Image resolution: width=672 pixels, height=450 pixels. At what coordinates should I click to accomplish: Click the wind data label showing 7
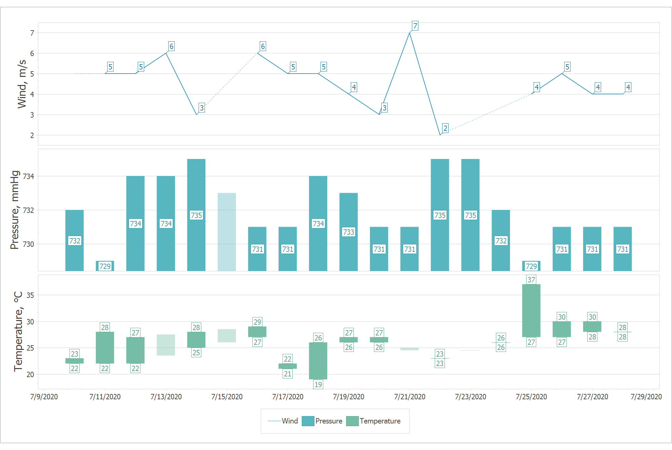(x=415, y=26)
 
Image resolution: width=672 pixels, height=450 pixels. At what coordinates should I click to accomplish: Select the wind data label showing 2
(x=445, y=128)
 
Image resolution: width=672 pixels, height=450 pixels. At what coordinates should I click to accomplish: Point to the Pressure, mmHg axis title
(x=15, y=210)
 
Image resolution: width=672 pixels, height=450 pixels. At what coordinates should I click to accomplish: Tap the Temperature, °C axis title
(x=18, y=331)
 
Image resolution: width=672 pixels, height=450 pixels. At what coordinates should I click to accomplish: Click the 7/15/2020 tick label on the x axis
(x=227, y=397)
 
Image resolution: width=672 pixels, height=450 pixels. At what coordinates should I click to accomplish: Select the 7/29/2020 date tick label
(x=646, y=397)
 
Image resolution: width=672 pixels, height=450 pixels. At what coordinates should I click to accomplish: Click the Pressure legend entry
(x=322, y=421)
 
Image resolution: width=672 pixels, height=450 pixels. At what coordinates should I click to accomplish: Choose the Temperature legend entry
(x=373, y=421)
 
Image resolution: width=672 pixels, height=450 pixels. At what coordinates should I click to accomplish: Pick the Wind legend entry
(x=283, y=421)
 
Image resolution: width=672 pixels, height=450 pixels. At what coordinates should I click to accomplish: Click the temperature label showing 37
(x=531, y=280)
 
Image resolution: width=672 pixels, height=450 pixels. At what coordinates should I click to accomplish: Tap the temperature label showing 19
(x=318, y=385)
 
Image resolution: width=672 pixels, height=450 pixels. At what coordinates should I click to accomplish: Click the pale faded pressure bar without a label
(x=227, y=232)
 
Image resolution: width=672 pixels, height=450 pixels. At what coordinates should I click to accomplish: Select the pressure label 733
(x=348, y=232)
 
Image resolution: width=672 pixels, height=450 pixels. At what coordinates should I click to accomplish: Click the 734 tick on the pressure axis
(x=29, y=176)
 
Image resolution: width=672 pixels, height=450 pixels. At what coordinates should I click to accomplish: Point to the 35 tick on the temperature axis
(x=30, y=295)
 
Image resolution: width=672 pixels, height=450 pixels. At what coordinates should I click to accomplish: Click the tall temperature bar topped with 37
(x=531, y=311)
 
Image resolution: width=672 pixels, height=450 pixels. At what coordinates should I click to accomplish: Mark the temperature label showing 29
(x=257, y=322)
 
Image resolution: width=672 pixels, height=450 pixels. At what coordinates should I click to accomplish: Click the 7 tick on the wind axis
(x=32, y=33)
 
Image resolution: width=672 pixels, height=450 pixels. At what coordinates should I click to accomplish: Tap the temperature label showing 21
(x=288, y=374)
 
